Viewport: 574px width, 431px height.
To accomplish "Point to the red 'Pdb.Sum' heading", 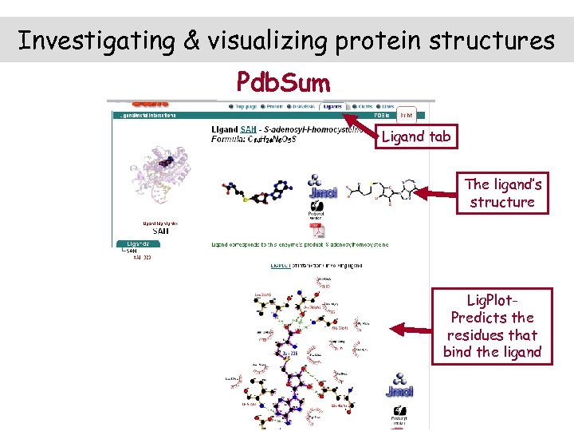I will pos(283,81).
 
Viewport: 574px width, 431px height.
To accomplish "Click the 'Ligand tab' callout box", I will pos(415,136).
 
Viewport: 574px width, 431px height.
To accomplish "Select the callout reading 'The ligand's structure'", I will pos(502,193).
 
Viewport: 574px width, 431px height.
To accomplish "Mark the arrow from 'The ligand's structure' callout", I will pos(434,192).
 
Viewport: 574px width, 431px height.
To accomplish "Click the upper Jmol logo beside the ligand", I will pos(322,186).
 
